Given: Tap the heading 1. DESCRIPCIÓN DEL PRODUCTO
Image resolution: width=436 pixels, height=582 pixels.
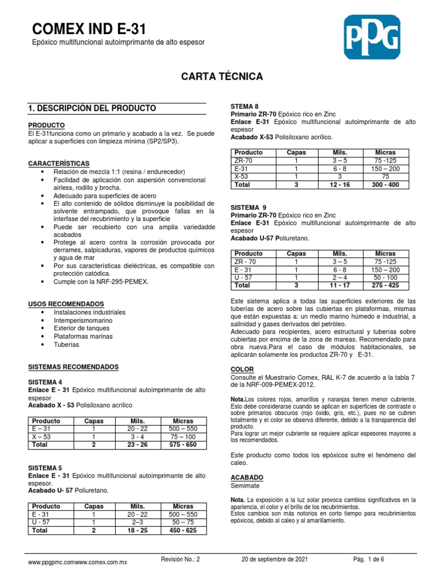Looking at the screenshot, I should (x=92, y=108).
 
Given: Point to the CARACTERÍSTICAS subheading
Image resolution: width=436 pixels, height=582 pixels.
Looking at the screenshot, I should (x=60, y=164).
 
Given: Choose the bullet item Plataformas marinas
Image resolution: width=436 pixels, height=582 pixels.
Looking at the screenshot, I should (x=83, y=336).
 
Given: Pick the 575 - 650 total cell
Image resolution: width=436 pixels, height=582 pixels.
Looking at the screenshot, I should (x=183, y=444).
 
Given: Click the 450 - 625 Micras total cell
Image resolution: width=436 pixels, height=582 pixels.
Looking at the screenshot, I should (x=183, y=530).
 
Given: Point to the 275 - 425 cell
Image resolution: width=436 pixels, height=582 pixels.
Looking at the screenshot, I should (x=385, y=285).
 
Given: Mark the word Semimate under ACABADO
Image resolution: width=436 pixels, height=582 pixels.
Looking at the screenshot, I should (x=245, y=487).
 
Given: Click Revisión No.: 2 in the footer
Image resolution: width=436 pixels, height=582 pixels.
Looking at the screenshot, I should (x=181, y=559).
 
